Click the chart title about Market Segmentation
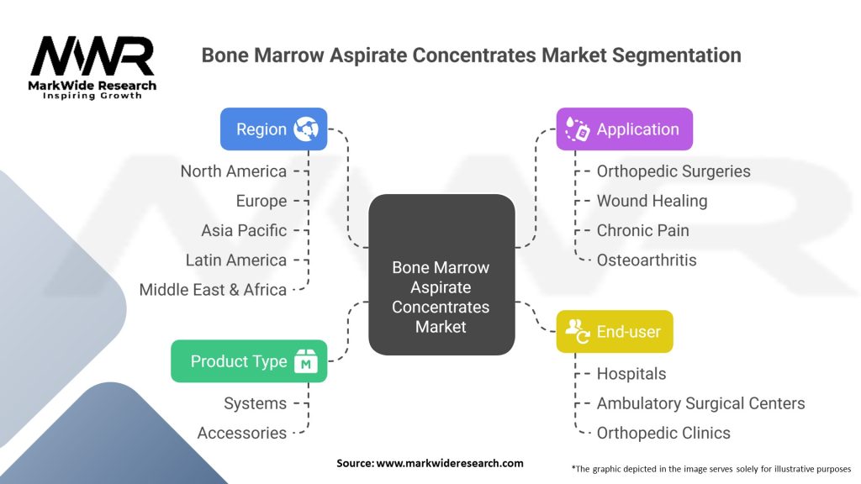[x=471, y=55]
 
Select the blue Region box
[x=273, y=129]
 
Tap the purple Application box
[x=624, y=129]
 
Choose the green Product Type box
[x=249, y=361]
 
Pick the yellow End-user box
[x=614, y=332]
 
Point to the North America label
[x=233, y=171]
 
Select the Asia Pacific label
[x=244, y=230]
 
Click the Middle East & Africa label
[x=213, y=290]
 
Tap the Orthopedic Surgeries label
[x=673, y=171]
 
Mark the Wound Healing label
[x=652, y=201]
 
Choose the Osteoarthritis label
[x=647, y=260]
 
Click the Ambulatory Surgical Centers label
[x=700, y=403]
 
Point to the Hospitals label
[x=631, y=374]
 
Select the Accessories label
[x=242, y=433]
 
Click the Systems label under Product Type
[x=255, y=403]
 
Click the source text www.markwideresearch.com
[x=430, y=463]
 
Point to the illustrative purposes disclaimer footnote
[x=710, y=468]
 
